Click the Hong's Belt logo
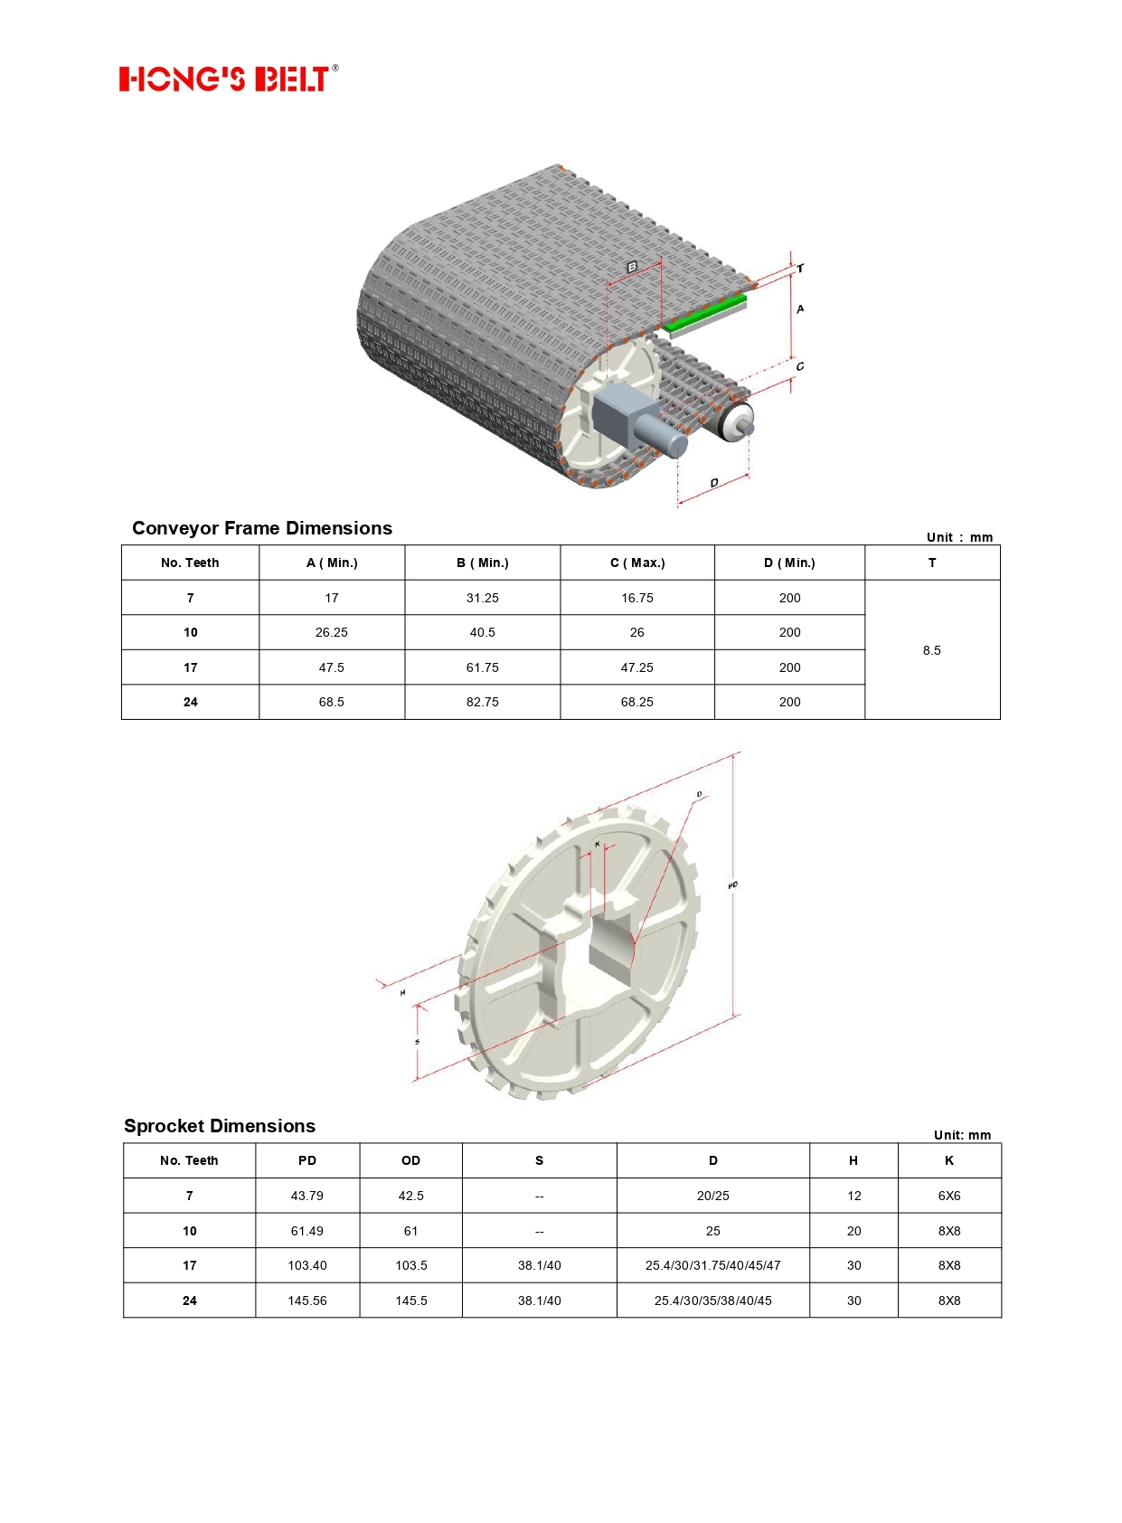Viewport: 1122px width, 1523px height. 228,79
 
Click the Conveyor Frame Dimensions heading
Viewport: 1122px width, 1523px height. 262,528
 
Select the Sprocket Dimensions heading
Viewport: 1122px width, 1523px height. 220,1126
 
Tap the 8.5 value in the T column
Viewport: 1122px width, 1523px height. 931,650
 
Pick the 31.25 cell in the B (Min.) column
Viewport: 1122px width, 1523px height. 482,598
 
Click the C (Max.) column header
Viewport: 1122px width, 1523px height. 636,563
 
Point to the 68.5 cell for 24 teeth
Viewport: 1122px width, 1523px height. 331,702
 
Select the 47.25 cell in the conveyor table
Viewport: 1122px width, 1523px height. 636,667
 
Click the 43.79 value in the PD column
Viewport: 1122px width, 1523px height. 306,1196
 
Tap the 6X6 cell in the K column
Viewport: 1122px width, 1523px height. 948,1196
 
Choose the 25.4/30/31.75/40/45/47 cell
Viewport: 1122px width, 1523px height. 712,1265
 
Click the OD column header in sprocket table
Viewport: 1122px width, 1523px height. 410,1160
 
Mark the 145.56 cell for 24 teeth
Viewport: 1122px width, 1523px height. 306,1301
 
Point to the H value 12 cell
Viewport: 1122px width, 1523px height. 853,1196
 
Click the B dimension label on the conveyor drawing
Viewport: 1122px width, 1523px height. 632,268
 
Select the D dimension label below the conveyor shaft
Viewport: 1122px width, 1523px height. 714,483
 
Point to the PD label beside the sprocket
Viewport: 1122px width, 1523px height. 732,885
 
